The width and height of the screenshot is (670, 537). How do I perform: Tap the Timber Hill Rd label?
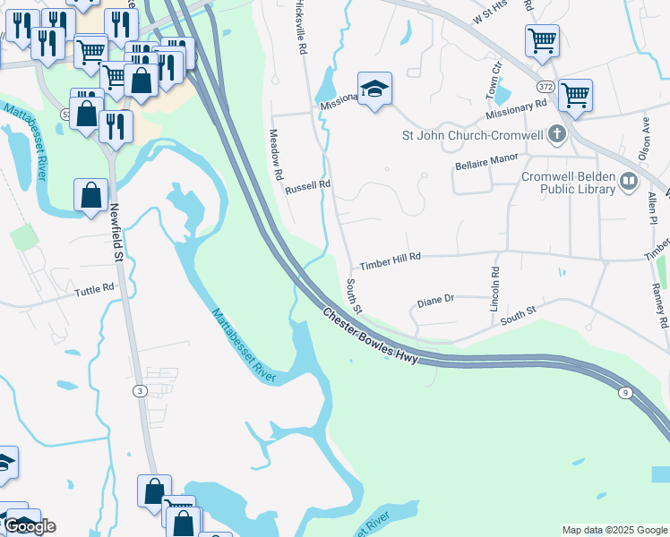390,266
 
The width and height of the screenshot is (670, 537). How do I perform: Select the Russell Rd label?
308,188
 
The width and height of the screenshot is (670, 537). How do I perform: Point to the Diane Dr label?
436,301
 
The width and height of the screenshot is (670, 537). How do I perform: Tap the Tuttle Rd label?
95,290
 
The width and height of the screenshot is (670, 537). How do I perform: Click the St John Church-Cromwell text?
471,136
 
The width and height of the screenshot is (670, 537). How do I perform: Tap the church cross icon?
557,135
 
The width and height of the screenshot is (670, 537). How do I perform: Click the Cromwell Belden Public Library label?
569,183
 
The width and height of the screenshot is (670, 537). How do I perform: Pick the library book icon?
629,183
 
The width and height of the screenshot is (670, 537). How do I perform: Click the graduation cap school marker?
375,89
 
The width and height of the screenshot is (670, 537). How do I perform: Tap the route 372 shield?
546,87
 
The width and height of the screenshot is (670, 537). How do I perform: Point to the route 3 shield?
139,391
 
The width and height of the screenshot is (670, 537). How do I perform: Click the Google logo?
30,526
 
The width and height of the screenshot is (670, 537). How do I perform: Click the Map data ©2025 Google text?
614,530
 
